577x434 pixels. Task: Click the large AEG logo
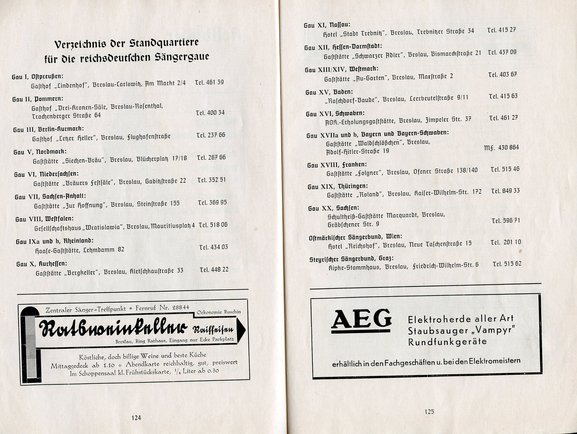point(361,320)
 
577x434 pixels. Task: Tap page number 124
point(136,418)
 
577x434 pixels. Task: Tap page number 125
point(429,412)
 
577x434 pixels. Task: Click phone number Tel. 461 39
point(209,82)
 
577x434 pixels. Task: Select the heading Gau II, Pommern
point(38,99)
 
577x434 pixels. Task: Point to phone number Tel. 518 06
point(213,225)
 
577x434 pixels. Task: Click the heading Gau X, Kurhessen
point(42,264)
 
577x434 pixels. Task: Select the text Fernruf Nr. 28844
point(162,308)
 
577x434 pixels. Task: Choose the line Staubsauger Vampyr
point(461,330)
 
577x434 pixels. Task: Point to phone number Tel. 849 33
point(505,191)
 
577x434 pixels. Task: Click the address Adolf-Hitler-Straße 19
point(357,151)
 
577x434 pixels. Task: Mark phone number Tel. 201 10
point(505,242)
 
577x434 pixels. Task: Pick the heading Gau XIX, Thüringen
point(337,186)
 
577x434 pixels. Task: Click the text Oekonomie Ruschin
point(219,312)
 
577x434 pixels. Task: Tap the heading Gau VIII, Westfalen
point(44,219)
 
